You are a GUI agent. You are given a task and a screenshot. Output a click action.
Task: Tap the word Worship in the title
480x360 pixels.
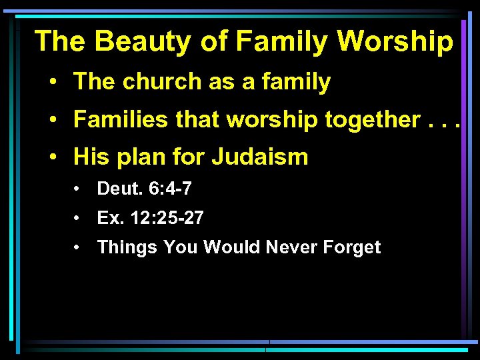395,41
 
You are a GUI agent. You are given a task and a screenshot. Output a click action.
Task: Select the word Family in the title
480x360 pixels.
283,41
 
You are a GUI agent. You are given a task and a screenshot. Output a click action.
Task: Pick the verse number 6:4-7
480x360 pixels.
169,189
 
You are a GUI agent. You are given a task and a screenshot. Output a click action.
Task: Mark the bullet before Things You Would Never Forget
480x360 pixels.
79,248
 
